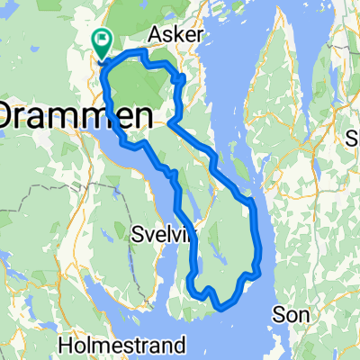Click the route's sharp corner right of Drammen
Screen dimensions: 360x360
pos(168,125)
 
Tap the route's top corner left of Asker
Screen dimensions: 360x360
pos(140,54)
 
